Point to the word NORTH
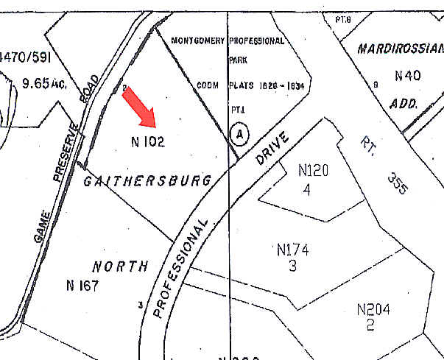point(121,267)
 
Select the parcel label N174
point(292,250)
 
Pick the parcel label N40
point(407,75)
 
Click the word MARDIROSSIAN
point(400,49)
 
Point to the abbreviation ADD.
point(404,104)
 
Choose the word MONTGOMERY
point(197,41)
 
